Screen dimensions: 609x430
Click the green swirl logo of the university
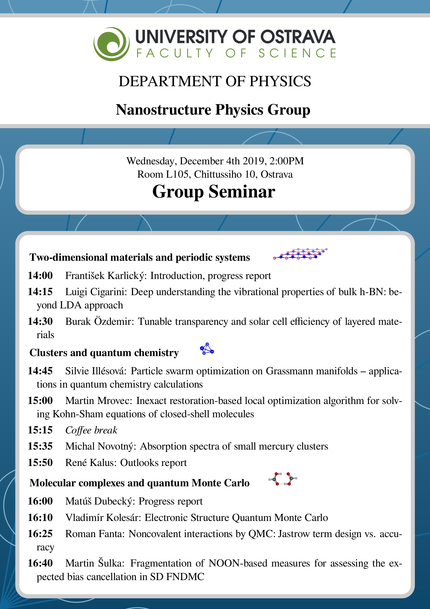tap(112, 44)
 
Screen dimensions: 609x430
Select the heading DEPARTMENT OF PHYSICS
tap(215, 81)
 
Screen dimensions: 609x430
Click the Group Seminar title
tap(214, 191)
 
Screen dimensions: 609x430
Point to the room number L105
tap(177, 175)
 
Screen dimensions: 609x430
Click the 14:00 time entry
tap(40, 276)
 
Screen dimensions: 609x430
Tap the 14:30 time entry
tap(40, 321)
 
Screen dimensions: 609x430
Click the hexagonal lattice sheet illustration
tap(300, 254)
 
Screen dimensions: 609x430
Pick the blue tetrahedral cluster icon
tap(207, 349)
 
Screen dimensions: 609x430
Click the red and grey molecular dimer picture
tap(283, 479)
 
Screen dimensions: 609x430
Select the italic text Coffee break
tap(91, 430)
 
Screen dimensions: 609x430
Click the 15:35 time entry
tap(40, 446)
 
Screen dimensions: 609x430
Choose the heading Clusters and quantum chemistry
tap(104, 353)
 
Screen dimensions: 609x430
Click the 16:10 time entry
tap(40, 518)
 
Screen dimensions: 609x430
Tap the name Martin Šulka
tap(93, 563)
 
